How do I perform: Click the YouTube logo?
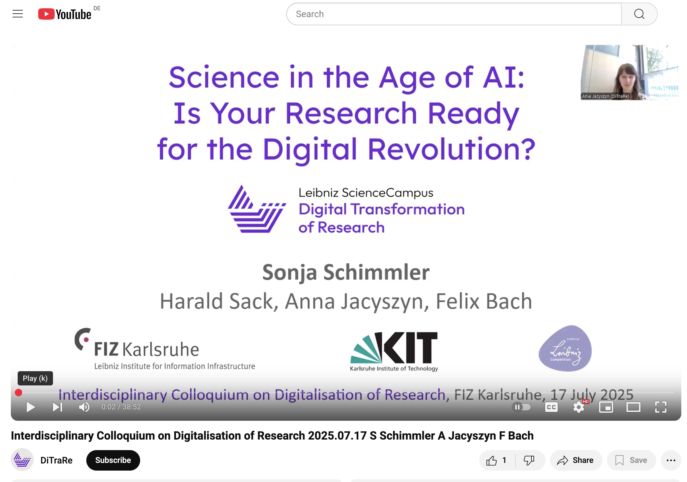point(65,14)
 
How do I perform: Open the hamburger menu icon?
point(18,14)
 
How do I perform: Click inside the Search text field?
point(454,14)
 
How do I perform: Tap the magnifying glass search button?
point(639,14)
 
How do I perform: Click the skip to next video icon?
point(57,407)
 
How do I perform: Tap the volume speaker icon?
point(84,407)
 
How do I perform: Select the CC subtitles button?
point(551,407)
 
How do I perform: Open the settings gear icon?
point(579,407)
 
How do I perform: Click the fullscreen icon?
point(661,407)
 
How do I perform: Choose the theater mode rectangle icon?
point(633,407)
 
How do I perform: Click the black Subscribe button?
point(113,460)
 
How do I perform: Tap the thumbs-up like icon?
point(491,460)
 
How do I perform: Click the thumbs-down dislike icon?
point(529,460)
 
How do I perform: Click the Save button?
point(631,460)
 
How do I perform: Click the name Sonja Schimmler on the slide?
point(346,272)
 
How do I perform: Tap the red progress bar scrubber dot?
point(19,393)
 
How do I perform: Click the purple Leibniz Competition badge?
point(565,348)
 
